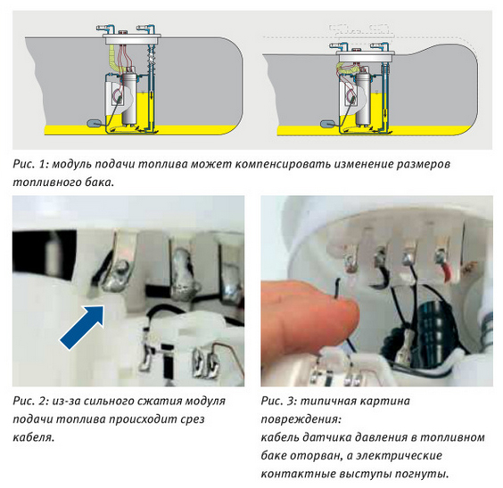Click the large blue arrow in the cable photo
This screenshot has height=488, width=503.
click(83, 327)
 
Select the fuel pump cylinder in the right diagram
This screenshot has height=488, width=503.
click(363, 99)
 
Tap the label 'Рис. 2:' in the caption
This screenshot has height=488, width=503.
click(30, 401)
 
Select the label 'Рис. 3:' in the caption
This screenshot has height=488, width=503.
click(278, 401)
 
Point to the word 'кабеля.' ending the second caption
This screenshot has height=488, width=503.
click(34, 437)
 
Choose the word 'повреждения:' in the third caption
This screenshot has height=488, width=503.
click(301, 419)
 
